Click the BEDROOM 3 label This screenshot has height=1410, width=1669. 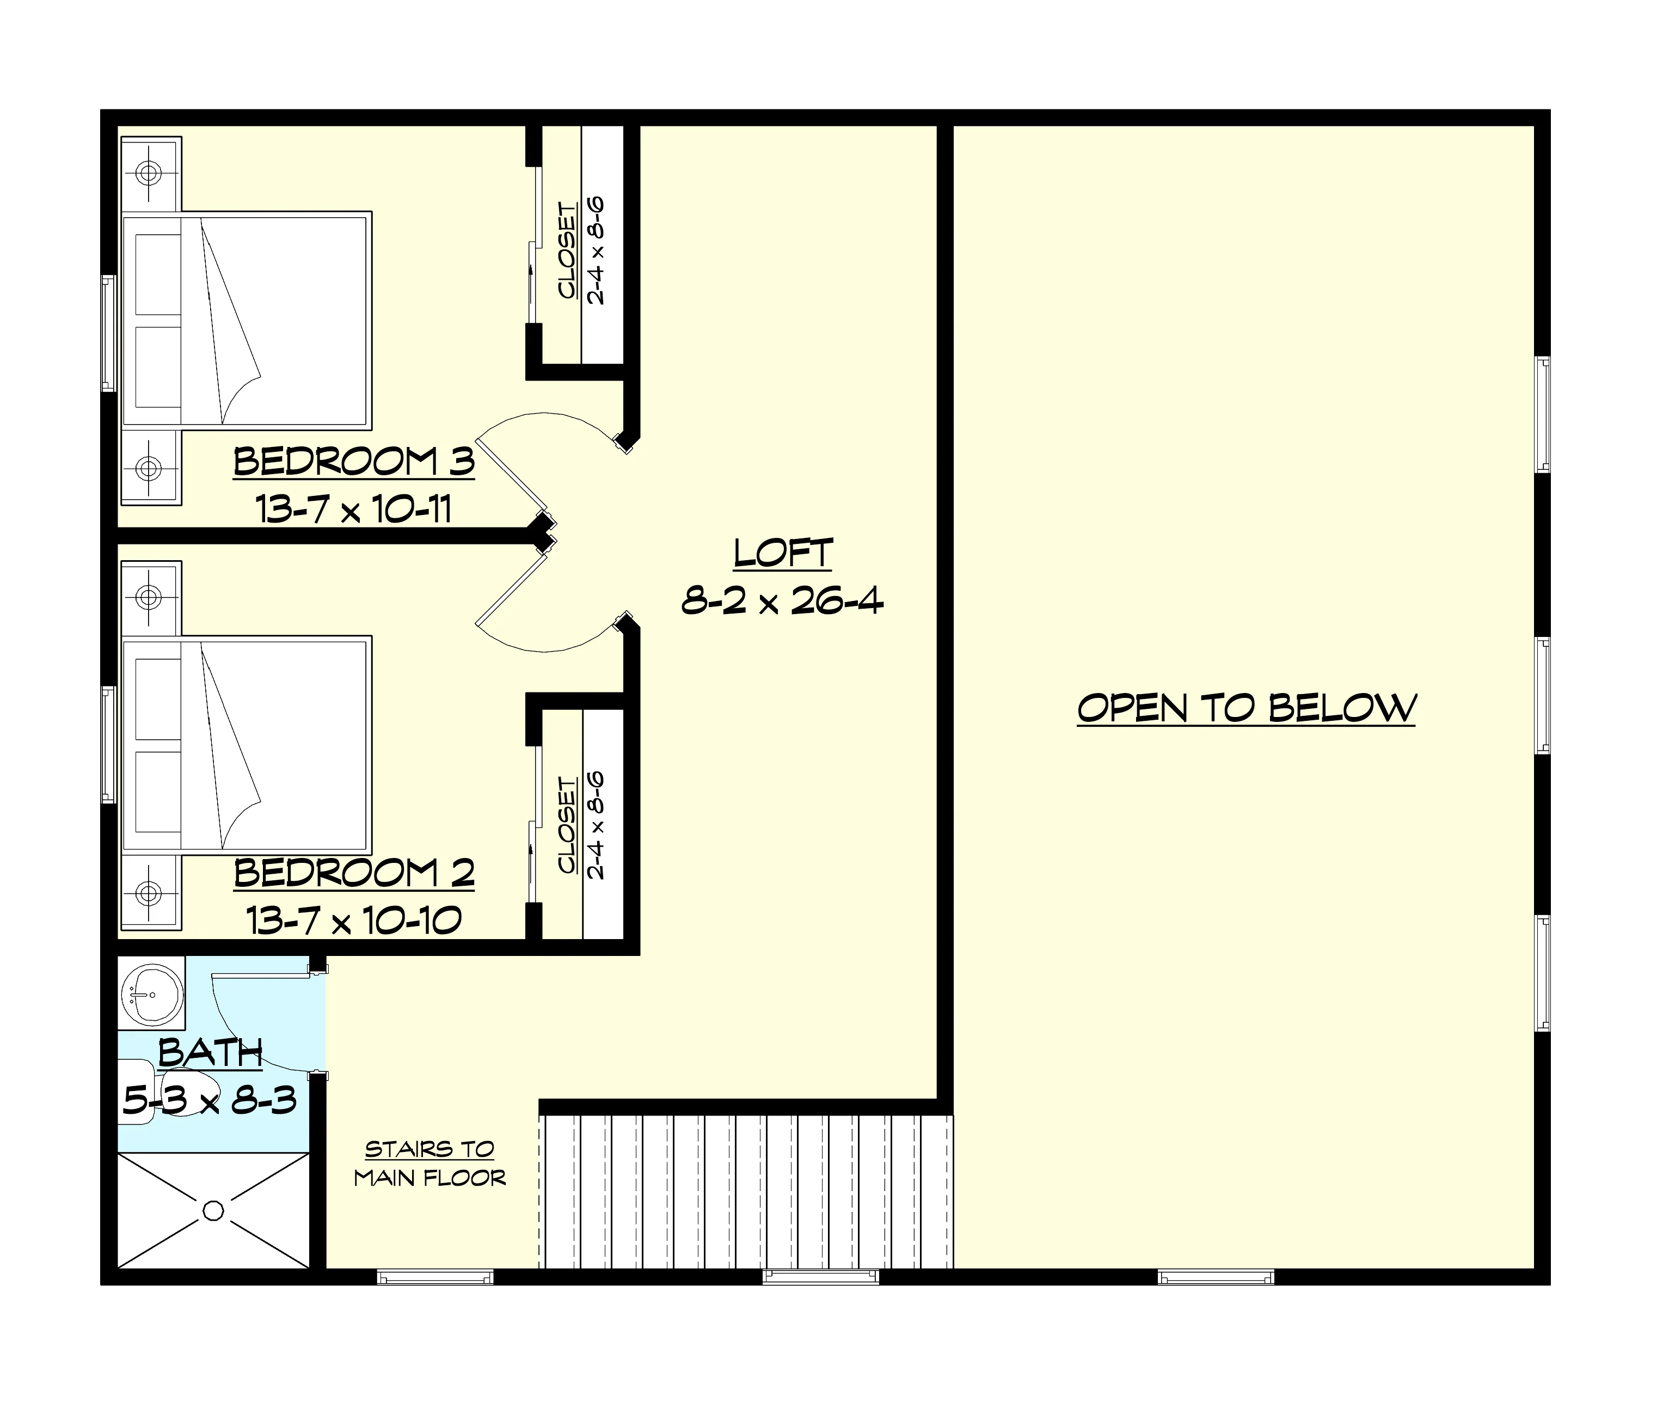pos(354,462)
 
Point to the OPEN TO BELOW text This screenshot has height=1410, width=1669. pos(1246,708)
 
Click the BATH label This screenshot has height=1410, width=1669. pos(210,1053)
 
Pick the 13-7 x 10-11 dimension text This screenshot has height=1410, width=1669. pos(354,508)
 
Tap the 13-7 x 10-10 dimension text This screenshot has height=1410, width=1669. pos(354,920)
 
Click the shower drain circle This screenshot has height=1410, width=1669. pos(213,1211)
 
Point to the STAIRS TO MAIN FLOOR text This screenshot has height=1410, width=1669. pos(430,1164)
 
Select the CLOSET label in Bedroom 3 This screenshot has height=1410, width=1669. pos(567,251)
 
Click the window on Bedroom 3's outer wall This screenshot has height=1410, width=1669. pos(109,333)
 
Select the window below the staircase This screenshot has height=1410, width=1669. pos(821,1277)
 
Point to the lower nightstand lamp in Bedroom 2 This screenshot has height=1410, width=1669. pos(149,892)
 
